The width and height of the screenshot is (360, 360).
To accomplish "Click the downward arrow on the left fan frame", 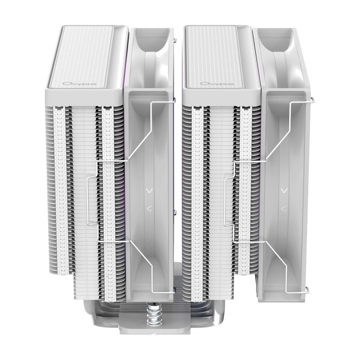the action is (150, 190).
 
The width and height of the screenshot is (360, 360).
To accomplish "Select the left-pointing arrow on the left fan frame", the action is (149, 208).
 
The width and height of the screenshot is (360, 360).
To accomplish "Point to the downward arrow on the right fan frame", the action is (284, 190).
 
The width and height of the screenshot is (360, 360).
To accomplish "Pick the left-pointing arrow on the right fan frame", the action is (284, 208).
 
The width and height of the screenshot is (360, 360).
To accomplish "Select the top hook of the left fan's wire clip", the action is (174, 99).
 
